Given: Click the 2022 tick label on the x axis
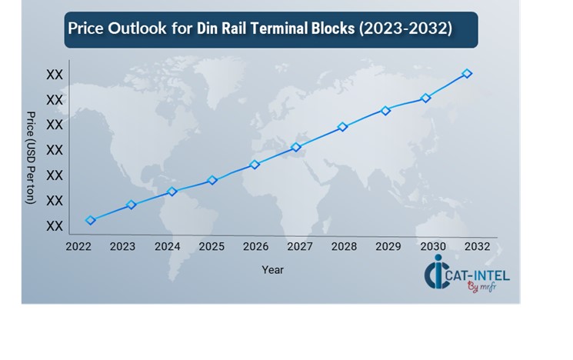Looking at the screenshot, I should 78,246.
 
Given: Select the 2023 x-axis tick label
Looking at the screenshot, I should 122,246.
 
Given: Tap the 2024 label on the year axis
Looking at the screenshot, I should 167,246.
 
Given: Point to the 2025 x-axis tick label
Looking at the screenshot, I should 211,246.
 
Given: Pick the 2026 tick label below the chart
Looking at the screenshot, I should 255,246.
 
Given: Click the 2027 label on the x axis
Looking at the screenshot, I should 299,246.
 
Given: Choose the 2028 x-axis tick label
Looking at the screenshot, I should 344,246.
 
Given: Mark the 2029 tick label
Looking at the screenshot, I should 388,246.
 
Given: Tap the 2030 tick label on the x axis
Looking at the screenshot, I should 432,246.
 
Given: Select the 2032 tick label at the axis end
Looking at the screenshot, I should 476,246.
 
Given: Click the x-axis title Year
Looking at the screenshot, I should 272,270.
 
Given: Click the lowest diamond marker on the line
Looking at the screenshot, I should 91,220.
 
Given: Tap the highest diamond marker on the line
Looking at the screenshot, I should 467,73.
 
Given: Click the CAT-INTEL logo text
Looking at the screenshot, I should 477,274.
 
